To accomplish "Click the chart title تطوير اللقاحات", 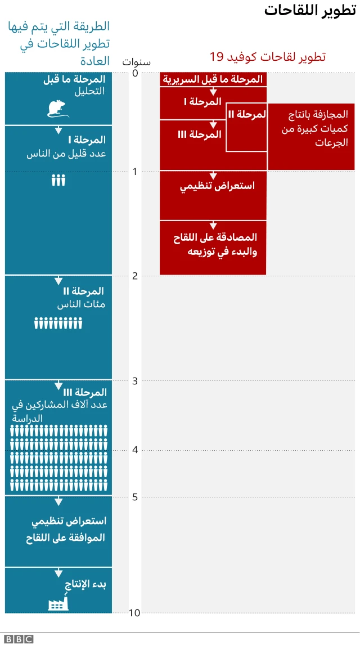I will (310, 10).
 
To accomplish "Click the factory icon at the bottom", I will (58, 603).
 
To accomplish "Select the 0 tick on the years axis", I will (134, 73).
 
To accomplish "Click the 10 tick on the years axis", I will (134, 613).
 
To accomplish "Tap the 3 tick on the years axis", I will (134, 381).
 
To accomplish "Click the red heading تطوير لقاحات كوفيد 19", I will (268, 57).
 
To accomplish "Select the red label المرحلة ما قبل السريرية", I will (213, 79).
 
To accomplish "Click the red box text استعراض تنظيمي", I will (217, 186).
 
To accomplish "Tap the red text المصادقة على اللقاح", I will (215, 237).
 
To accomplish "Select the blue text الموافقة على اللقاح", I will (65, 537).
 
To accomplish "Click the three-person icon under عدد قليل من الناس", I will (58, 180).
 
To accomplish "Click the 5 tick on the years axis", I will (134, 497).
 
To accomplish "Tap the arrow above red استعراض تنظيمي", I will (213, 176).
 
